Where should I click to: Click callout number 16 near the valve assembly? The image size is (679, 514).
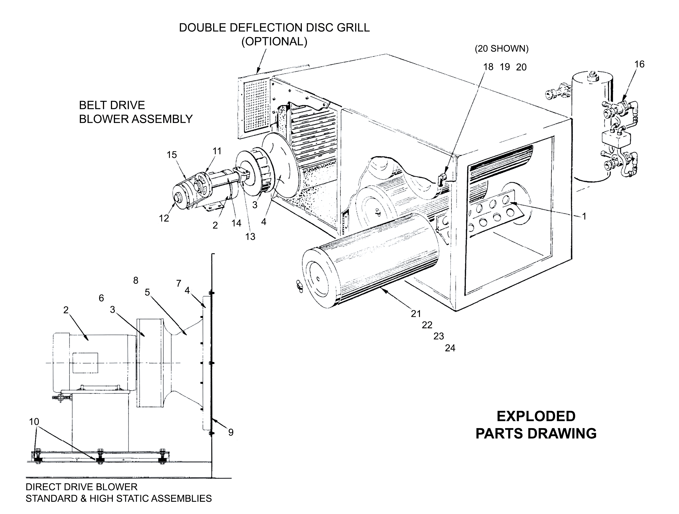(639, 64)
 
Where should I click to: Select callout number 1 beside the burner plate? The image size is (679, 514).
(584, 216)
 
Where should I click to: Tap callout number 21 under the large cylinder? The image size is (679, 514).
(416, 314)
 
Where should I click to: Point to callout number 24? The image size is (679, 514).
(450, 348)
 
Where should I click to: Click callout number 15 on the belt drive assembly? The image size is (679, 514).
(172, 155)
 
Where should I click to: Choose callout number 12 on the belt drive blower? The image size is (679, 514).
(164, 218)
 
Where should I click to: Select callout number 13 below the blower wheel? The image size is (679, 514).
(250, 236)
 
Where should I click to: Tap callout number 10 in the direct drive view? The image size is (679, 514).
(34, 422)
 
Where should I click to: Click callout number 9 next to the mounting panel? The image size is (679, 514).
(231, 433)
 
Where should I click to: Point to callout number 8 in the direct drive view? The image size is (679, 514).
(136, 280)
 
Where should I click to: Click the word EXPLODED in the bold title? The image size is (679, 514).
(536, 417)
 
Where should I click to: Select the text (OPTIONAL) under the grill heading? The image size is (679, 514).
(274, 41)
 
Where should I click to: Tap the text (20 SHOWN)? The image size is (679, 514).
(502, 49)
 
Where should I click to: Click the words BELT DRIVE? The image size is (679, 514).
(112, 105)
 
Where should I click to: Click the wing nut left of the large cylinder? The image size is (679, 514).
(299, 287)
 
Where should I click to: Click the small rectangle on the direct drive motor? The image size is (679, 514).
(85, 363)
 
